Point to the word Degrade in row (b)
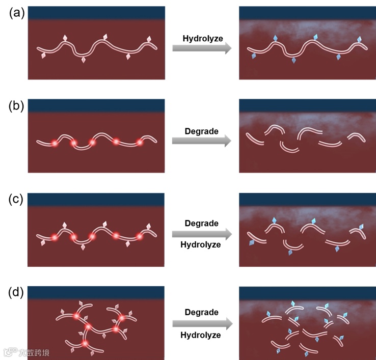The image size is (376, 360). coord(202,131)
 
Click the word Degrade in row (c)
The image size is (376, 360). coord(202,224)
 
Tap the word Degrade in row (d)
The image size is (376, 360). coord(202,312)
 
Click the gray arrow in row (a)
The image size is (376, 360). coord(202,48)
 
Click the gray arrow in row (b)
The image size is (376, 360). coord(202,141)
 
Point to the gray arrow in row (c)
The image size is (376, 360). coord(202,234)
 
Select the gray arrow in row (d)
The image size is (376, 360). coord(202,323)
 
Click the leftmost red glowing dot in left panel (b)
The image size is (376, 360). coord(54,144)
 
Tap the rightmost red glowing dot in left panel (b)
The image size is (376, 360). coord(139,143)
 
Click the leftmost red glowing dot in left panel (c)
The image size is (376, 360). coord(54,237)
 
